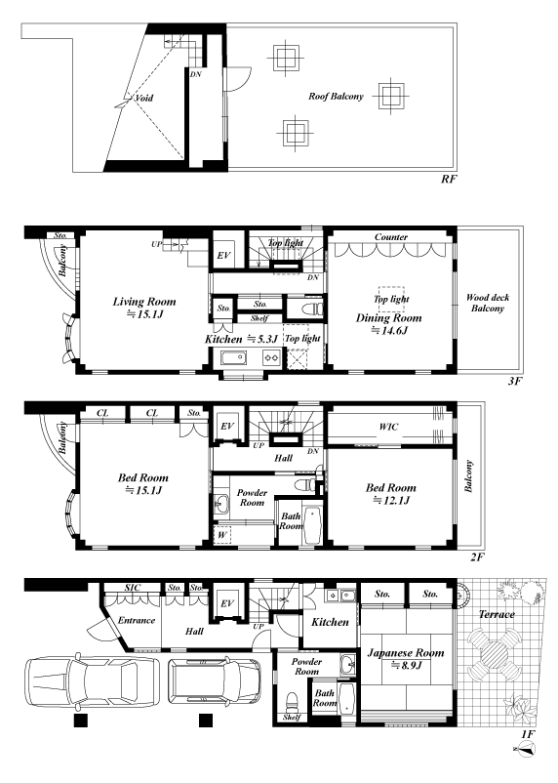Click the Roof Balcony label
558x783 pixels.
coord(336,97)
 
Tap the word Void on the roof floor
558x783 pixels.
coord(144,98)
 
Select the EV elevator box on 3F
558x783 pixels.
coord(224,255)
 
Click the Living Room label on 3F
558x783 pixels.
coord(143,302)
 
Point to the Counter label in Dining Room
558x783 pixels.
coord(391,236)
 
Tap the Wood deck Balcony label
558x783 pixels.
coord(488,303)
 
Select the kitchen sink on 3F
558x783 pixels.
coord(233,358)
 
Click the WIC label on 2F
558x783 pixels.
coord(388,427)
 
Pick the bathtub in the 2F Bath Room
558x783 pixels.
coord(312,525)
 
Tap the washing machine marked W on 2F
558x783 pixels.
coord(222,535)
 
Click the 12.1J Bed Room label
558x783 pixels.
coord(391,493)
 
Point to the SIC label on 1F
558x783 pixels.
coord(133,588)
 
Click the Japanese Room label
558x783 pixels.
coord(405,653)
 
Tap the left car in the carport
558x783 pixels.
coord(93,680)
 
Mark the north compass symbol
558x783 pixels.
coord(524,749)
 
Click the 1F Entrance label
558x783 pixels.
coord(137,620)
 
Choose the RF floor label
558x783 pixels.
coord(448,179)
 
